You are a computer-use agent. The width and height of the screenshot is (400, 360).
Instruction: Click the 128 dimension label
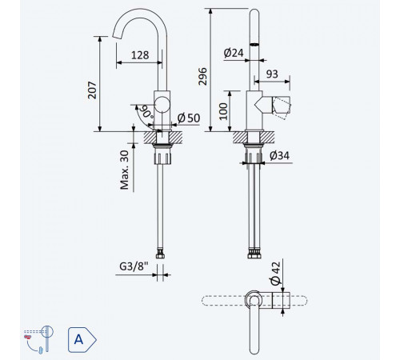140,55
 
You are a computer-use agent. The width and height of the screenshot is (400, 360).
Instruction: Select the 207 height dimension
92,90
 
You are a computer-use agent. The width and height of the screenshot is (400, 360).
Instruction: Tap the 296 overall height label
203,77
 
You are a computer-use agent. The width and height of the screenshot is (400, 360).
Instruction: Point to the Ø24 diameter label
234,53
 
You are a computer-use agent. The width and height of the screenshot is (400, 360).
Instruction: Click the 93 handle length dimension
272,74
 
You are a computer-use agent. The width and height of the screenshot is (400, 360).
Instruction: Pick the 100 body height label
223,111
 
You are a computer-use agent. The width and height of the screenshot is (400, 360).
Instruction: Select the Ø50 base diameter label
189,118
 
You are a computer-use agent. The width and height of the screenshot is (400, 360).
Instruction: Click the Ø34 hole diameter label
279,155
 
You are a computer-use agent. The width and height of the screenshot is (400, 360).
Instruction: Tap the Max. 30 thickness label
125,170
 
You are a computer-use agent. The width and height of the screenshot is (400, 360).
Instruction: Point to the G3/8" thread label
134,266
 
